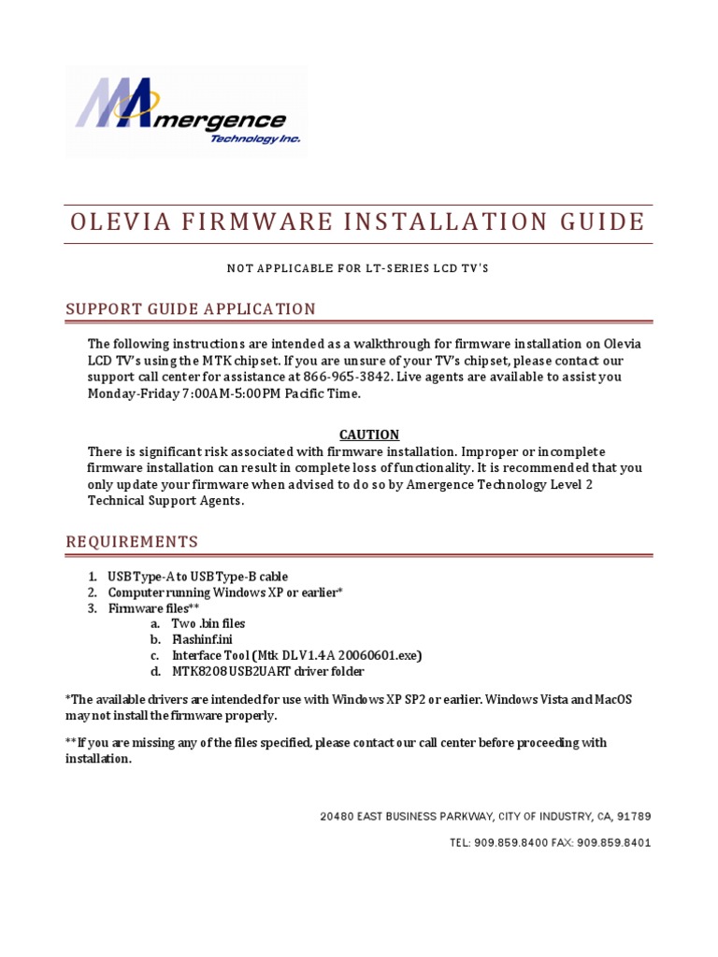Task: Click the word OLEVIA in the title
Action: pyautogui.click(x=120, y=222)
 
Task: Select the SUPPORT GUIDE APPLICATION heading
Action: pyautogui.click(x=191, y=309)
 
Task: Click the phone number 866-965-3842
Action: pyautogui.click(x=347, y=378)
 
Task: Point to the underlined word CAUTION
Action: pyautogui.click(x=368, y=435)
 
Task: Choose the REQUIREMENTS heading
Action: pyautogui.click(x=131, y=542)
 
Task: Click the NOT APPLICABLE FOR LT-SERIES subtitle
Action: pyautogui.click(x=358, y=269)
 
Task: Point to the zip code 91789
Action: pyautogui.click(x=633, y=817)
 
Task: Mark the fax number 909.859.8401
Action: pyautogui.click(x=614, y=843)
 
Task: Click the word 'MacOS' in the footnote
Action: pyautogui.click(x=612, y=699)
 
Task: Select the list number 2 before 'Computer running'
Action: pyautogui.click(x=93, y=593)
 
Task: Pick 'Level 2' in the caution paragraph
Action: pyautogui.click(x=568, y=484)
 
